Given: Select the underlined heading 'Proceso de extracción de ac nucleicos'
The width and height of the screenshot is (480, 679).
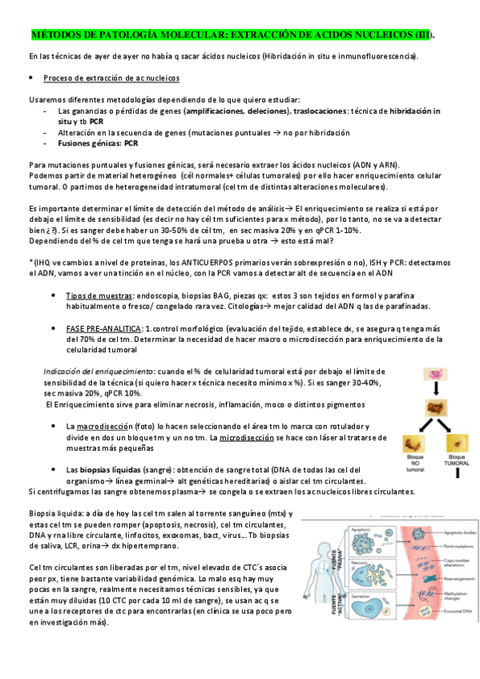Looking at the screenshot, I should click(111, 78).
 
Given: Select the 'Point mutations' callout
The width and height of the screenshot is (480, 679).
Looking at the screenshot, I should click(454, 541).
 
